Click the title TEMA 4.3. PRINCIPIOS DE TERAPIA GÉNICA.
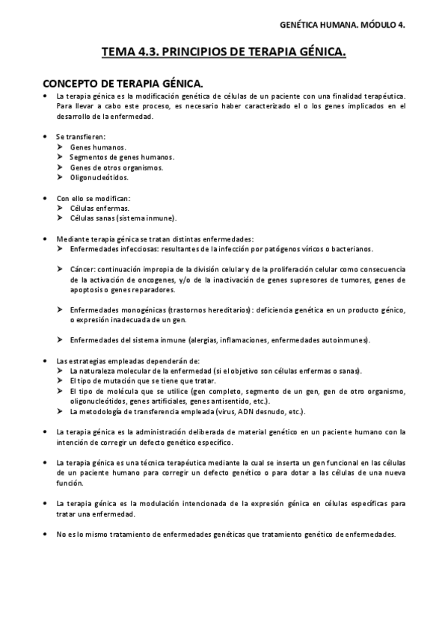[x=224, y=53]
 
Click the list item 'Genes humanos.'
[x=98, y=147]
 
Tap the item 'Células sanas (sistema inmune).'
[x=123, y=218]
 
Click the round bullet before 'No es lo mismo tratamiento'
[x=47, y=534]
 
